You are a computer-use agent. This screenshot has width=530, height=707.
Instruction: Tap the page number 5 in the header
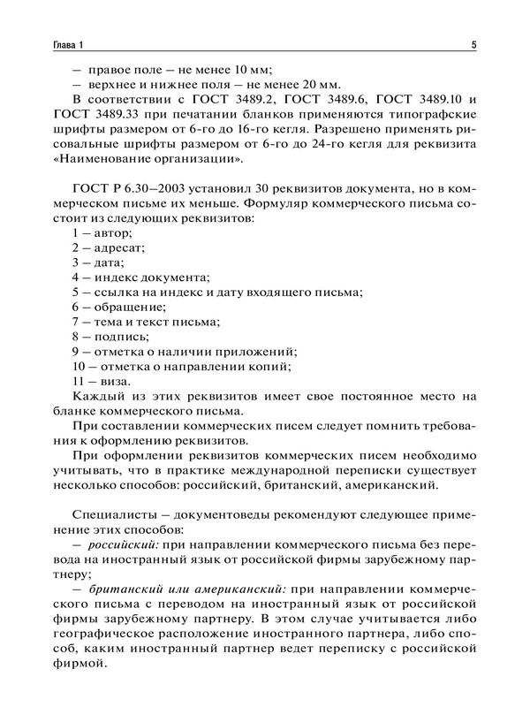pos(474,44)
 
